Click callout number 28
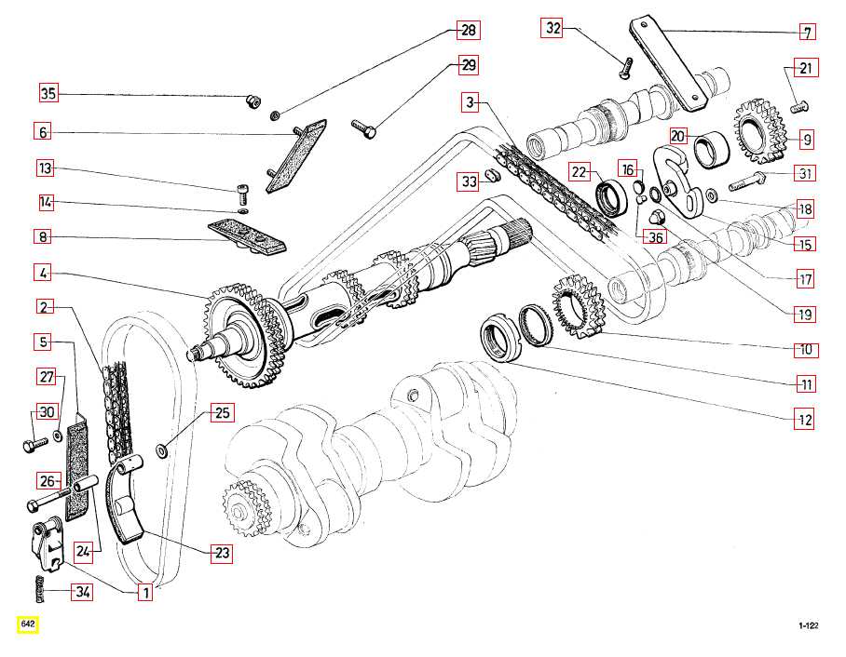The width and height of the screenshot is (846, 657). click(467, 31)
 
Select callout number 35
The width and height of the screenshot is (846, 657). click(48, 93)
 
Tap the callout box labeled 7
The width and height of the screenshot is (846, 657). click(807, 33)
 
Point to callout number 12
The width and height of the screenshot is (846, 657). click(804, 420)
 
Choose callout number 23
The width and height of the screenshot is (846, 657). click(222, 554)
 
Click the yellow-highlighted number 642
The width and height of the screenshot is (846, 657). click(27, 623)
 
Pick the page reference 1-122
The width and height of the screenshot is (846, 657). click(807, 626)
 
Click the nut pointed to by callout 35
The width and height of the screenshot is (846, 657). click(252, 101)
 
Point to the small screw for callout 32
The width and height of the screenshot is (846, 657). click(626, 66)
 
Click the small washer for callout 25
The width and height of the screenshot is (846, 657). click(163, 450)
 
